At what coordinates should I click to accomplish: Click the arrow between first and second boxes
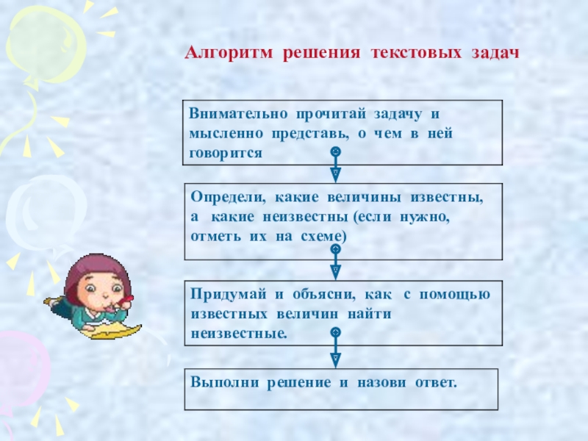[335, 165]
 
